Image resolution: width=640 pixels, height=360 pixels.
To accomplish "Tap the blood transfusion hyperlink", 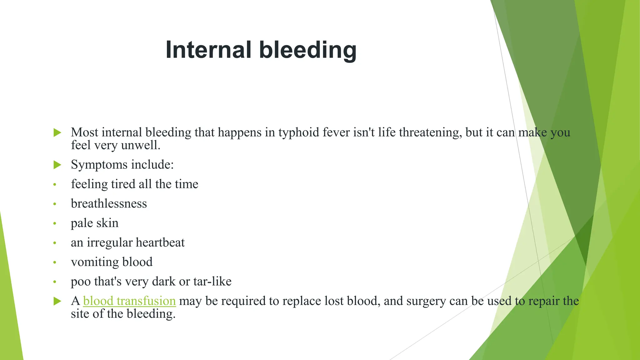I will [129, 301].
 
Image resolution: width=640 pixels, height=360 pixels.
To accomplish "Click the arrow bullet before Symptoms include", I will [57, 165].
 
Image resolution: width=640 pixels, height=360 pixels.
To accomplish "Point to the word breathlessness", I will [109, 204].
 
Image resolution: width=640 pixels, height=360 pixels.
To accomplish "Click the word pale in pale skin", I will [82, 223].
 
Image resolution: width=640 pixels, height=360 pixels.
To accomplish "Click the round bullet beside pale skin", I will [55, 223].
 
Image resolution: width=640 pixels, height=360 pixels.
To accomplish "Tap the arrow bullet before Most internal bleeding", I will [57, 132].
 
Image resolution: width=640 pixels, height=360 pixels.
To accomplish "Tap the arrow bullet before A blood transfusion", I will [57, 301].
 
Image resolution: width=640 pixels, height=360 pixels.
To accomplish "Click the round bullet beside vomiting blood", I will [55, 262].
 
